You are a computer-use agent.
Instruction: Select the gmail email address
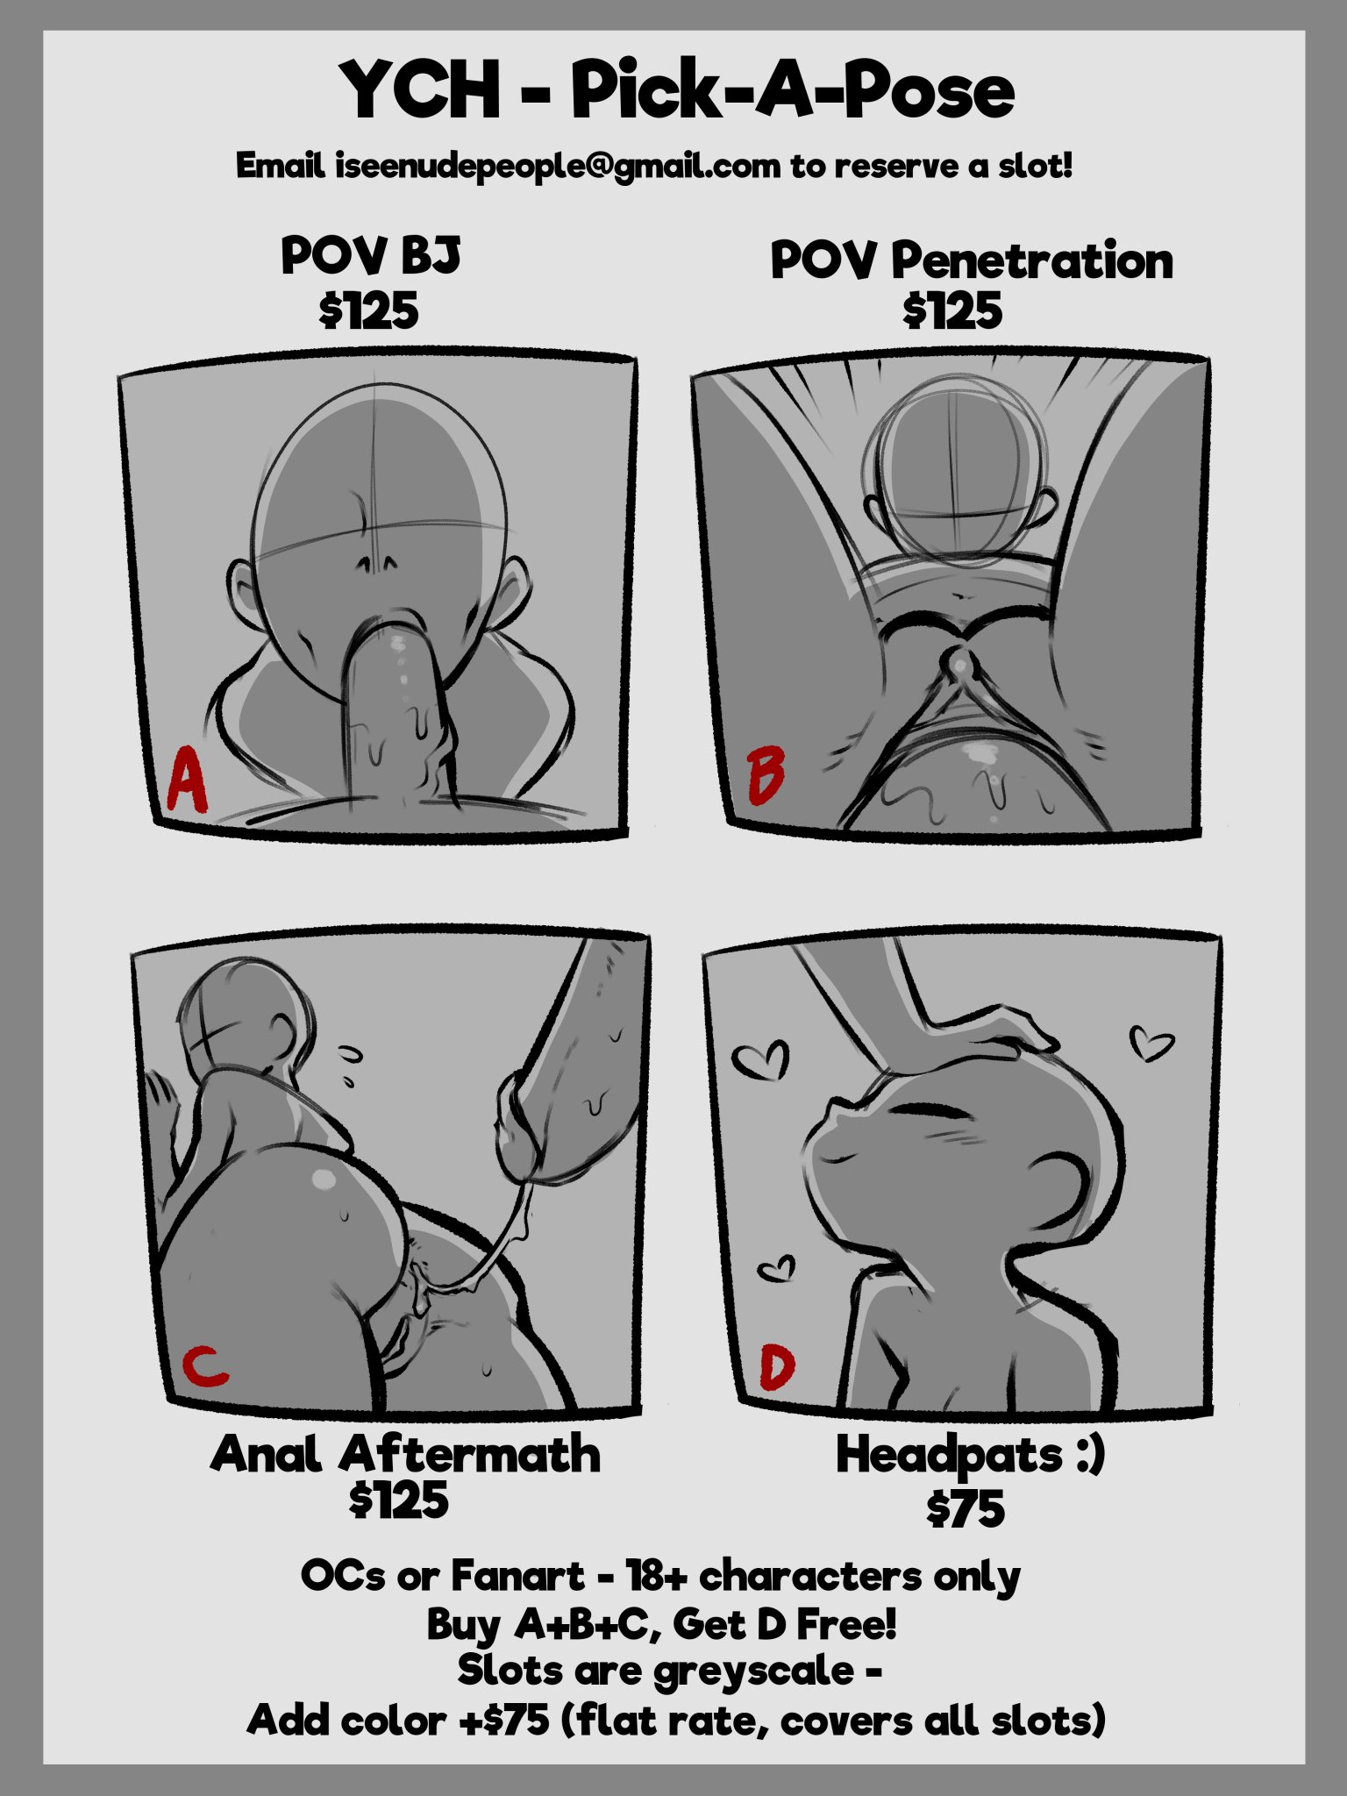558,166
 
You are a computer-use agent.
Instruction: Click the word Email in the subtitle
282,165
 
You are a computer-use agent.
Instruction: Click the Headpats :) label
971,1456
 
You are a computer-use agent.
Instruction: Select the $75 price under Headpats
965,1508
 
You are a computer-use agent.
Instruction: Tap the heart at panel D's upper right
1150,1041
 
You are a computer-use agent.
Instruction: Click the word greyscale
754,1671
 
